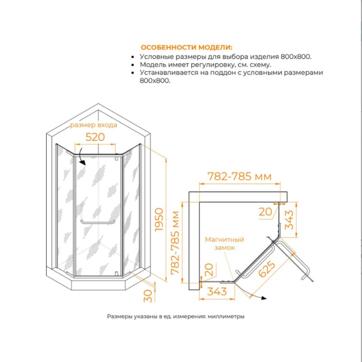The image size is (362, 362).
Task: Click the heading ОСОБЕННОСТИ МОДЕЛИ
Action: tap(187, 47)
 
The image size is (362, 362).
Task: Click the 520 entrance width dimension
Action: tap(95, 137)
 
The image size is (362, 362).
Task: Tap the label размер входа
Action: tap(93, 125)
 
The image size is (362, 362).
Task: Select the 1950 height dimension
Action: tap(159, 219)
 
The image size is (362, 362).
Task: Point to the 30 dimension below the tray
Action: tap(148, 296)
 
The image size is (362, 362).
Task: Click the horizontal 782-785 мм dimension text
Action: tap(240, 177)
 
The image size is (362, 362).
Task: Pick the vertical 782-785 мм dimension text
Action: tap(175, 243)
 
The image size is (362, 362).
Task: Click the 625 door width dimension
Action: tap(267, 269)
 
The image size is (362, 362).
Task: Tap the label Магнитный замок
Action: tap(224, 244)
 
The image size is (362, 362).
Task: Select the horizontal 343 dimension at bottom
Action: tap(217, 292)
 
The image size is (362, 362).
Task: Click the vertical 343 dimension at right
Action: tap(289, 220)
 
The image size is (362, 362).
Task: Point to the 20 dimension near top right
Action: tap(265, 212)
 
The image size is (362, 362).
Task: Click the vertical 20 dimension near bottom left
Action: tap(209, 270)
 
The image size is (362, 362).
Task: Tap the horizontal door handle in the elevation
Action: tap(98, 222)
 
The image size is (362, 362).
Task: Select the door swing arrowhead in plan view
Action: tap(263, 298)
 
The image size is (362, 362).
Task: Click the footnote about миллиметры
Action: tap(176, 317)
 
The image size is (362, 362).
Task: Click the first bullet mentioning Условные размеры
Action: tap(226, 57)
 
